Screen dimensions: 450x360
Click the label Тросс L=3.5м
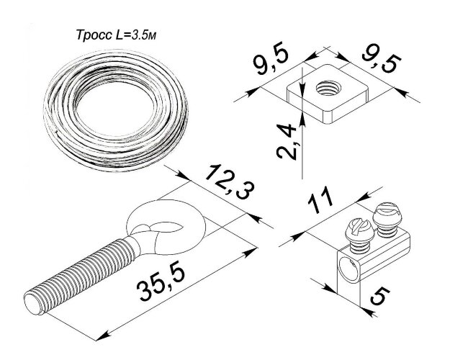116,35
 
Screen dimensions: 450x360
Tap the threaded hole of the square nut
328,88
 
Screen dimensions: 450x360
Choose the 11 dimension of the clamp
320,200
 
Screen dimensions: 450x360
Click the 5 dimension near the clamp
380,297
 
